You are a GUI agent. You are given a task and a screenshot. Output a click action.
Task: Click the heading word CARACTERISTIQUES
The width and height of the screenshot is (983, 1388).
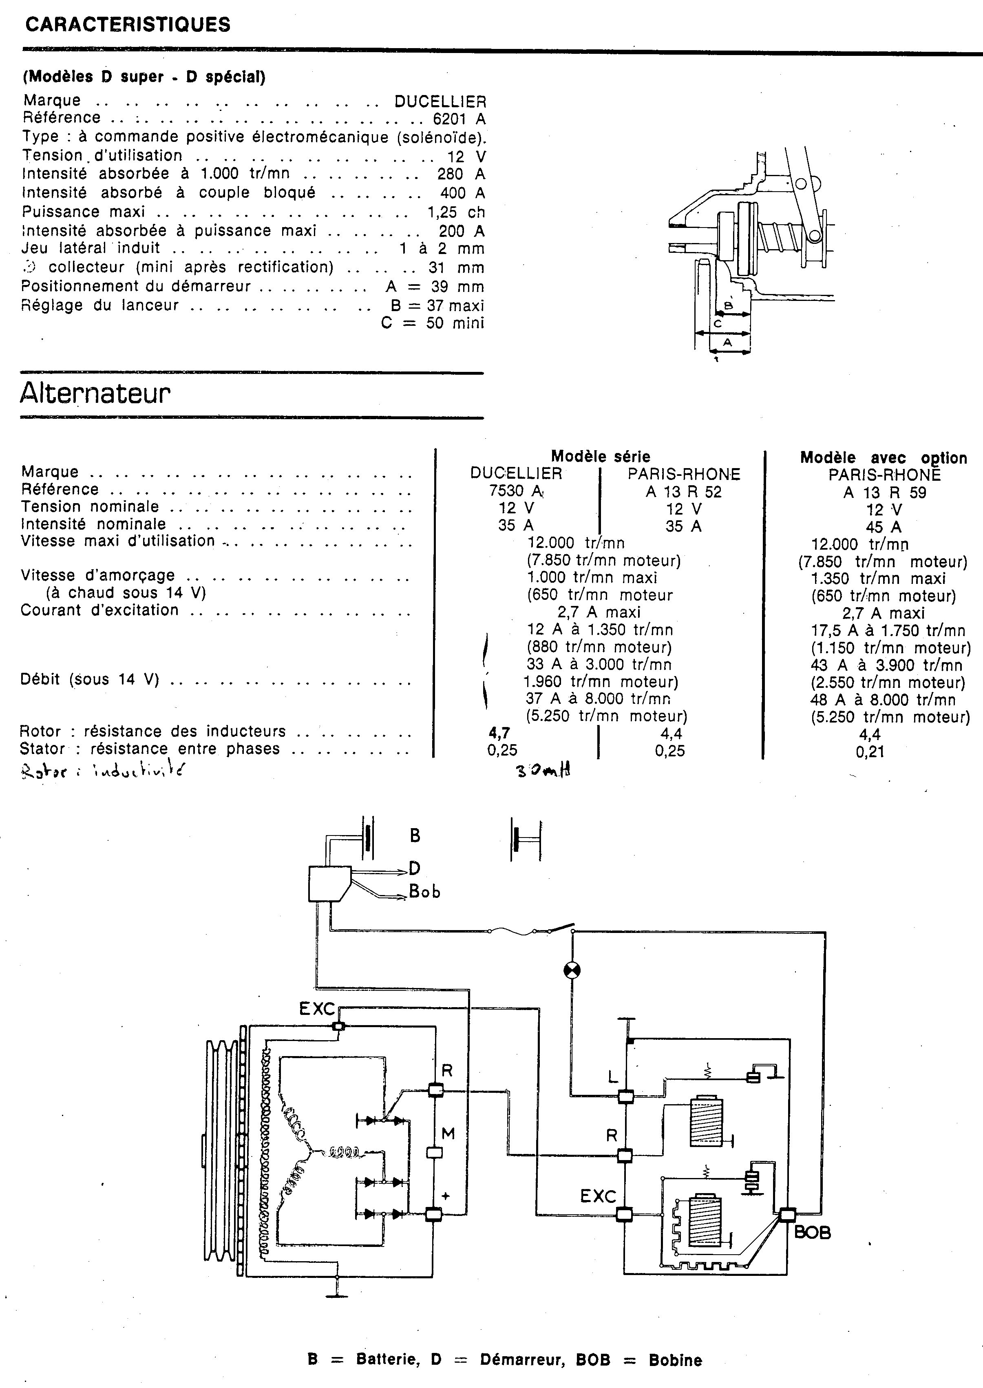128,25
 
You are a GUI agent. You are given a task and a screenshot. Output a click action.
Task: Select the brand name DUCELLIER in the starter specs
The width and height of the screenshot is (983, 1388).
440,102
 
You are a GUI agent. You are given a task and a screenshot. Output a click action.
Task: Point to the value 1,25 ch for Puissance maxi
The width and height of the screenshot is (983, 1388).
456,212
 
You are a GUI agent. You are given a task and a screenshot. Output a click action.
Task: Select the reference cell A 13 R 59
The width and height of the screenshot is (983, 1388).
884,493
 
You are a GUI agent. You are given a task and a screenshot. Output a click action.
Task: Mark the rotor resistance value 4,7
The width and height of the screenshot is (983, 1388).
499,734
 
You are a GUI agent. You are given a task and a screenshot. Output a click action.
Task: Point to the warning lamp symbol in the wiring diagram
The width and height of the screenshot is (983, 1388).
572,971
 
